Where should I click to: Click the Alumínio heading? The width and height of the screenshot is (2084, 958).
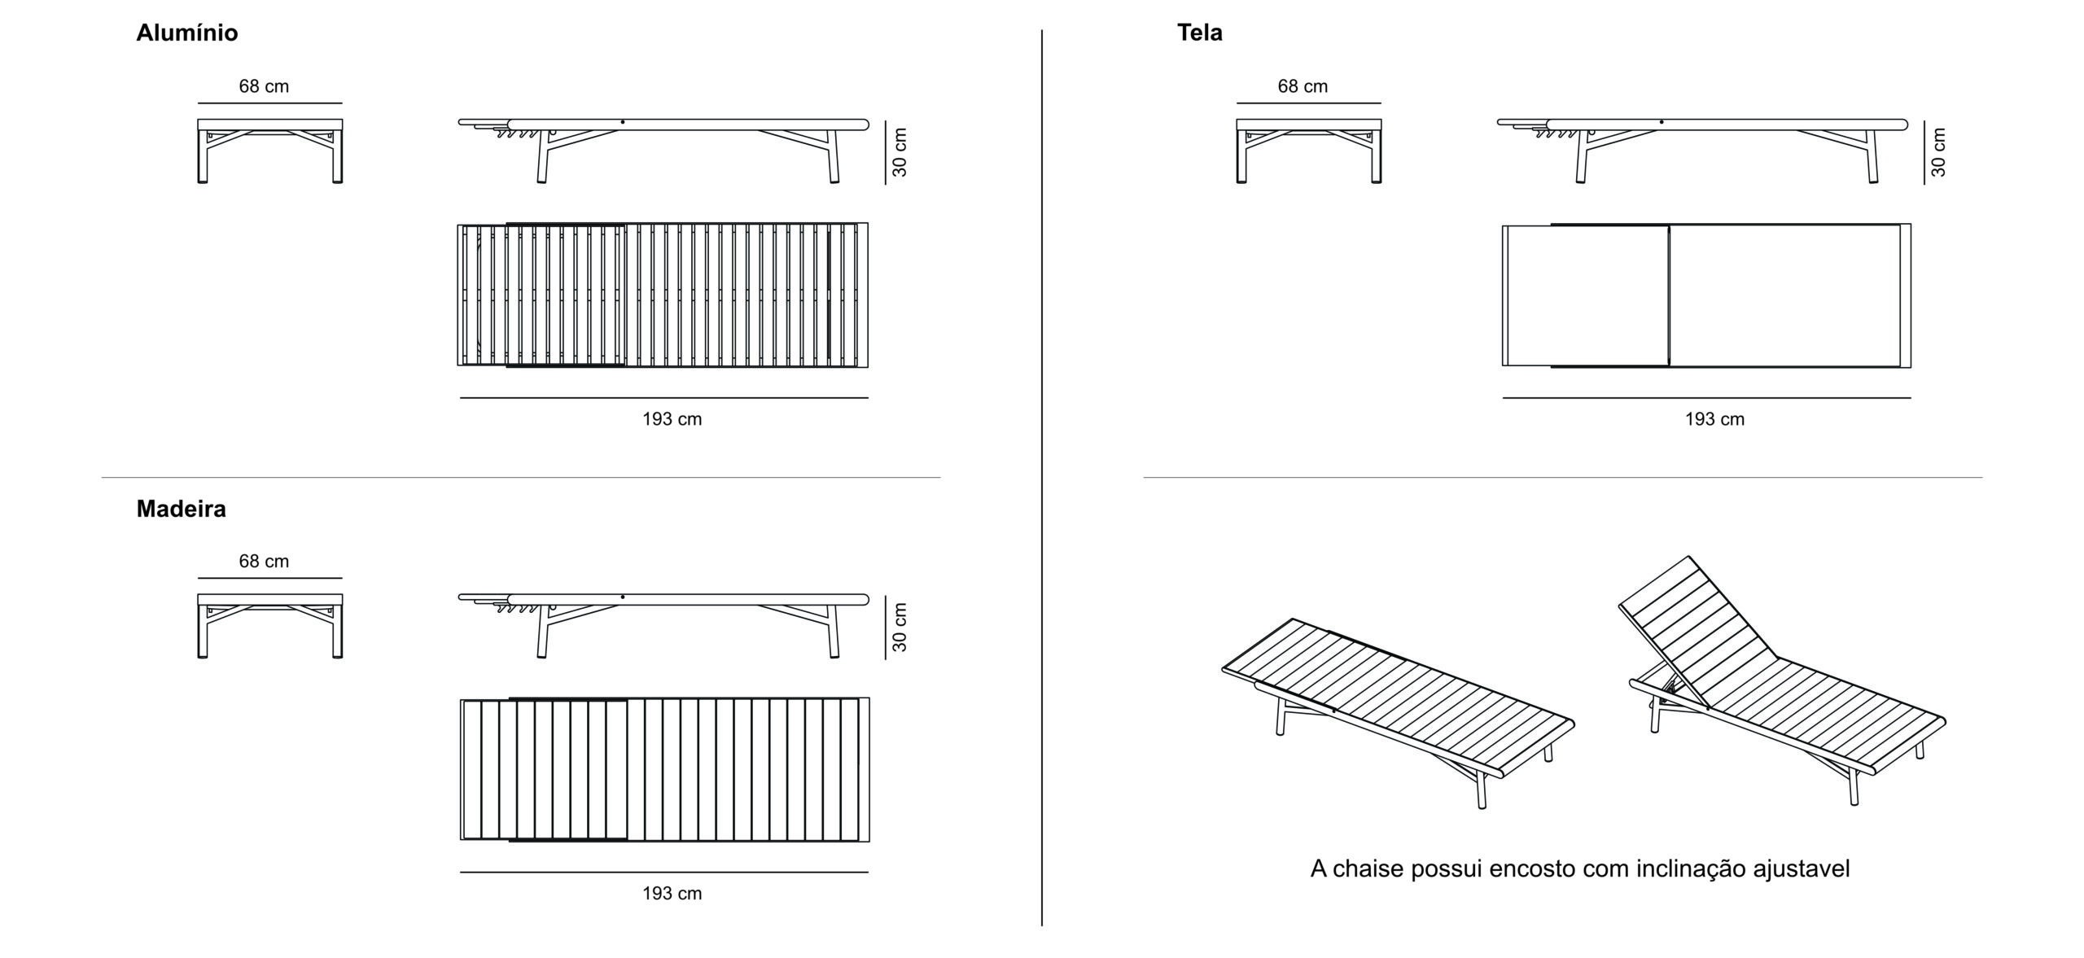186,33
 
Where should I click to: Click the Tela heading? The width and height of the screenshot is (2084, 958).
1199,33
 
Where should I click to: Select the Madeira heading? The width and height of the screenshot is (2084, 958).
181,509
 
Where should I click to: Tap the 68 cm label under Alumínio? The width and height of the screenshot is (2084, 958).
264,86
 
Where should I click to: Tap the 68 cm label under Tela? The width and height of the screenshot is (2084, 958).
1302,86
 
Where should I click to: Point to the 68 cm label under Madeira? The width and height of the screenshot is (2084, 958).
264,561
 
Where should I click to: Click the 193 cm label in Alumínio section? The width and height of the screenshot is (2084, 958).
672,419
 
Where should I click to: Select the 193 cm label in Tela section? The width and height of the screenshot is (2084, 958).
1714,419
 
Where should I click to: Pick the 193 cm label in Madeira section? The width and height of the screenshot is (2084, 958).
672,894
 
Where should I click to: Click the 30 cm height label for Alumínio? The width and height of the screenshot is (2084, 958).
900,152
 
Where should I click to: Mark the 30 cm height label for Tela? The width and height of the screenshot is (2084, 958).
1938,152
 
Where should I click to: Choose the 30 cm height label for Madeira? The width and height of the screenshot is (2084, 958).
900,627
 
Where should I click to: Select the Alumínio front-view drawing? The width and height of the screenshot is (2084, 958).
269,151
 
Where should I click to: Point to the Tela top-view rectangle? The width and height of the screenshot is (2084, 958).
1706,295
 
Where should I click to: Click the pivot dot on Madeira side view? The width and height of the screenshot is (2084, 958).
623,597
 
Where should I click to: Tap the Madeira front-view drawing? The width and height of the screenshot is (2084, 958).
269,625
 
